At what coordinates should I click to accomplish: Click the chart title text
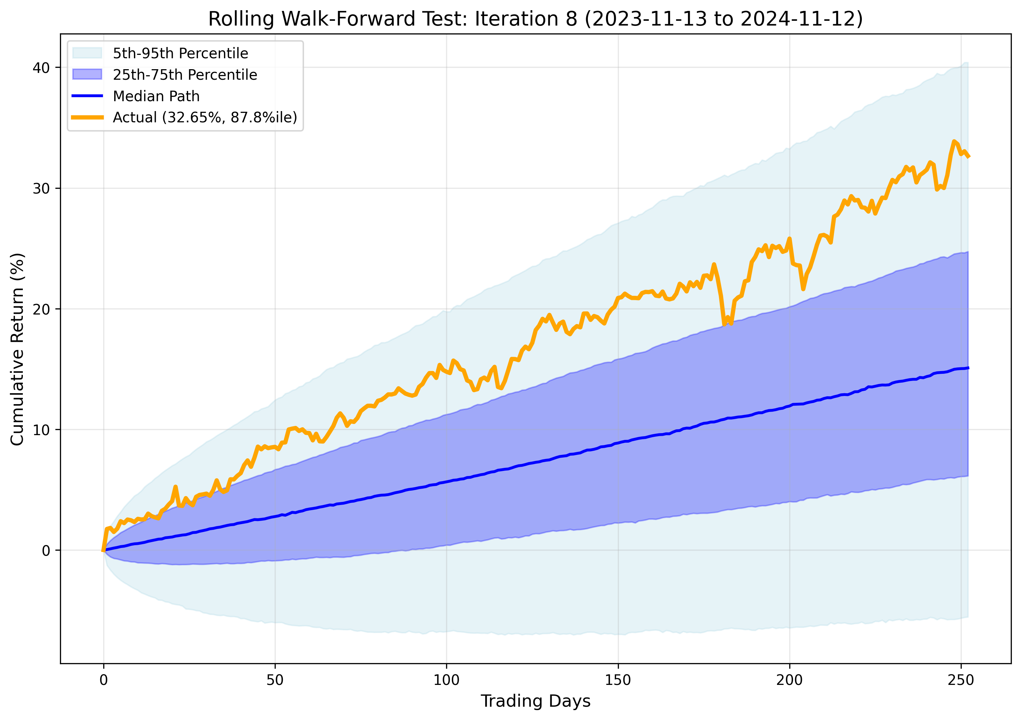click(x=535, y=19)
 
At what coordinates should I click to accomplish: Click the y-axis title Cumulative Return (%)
click(x=17, y=349)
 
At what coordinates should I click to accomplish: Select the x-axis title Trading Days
click(x=535, y=701)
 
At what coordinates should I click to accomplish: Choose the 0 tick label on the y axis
click(x=46, y=551)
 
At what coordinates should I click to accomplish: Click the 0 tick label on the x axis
click(x=104, y=680)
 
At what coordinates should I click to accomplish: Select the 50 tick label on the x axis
click(x=275, y=680)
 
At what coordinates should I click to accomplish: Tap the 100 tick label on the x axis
click(x=446, y=680)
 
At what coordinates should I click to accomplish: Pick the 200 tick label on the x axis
click(x=789, y=680)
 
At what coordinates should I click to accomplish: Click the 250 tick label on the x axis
click(x=961, y=680)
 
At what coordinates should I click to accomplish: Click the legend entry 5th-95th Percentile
click(x=180, y=53)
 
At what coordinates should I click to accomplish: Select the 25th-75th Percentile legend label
click(x=185, y=75)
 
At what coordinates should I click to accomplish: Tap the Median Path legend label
click(x=156, y=96)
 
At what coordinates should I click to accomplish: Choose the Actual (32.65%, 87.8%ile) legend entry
click(x=204, y=118)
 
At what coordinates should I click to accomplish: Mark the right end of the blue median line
click(x=968, y=368)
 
